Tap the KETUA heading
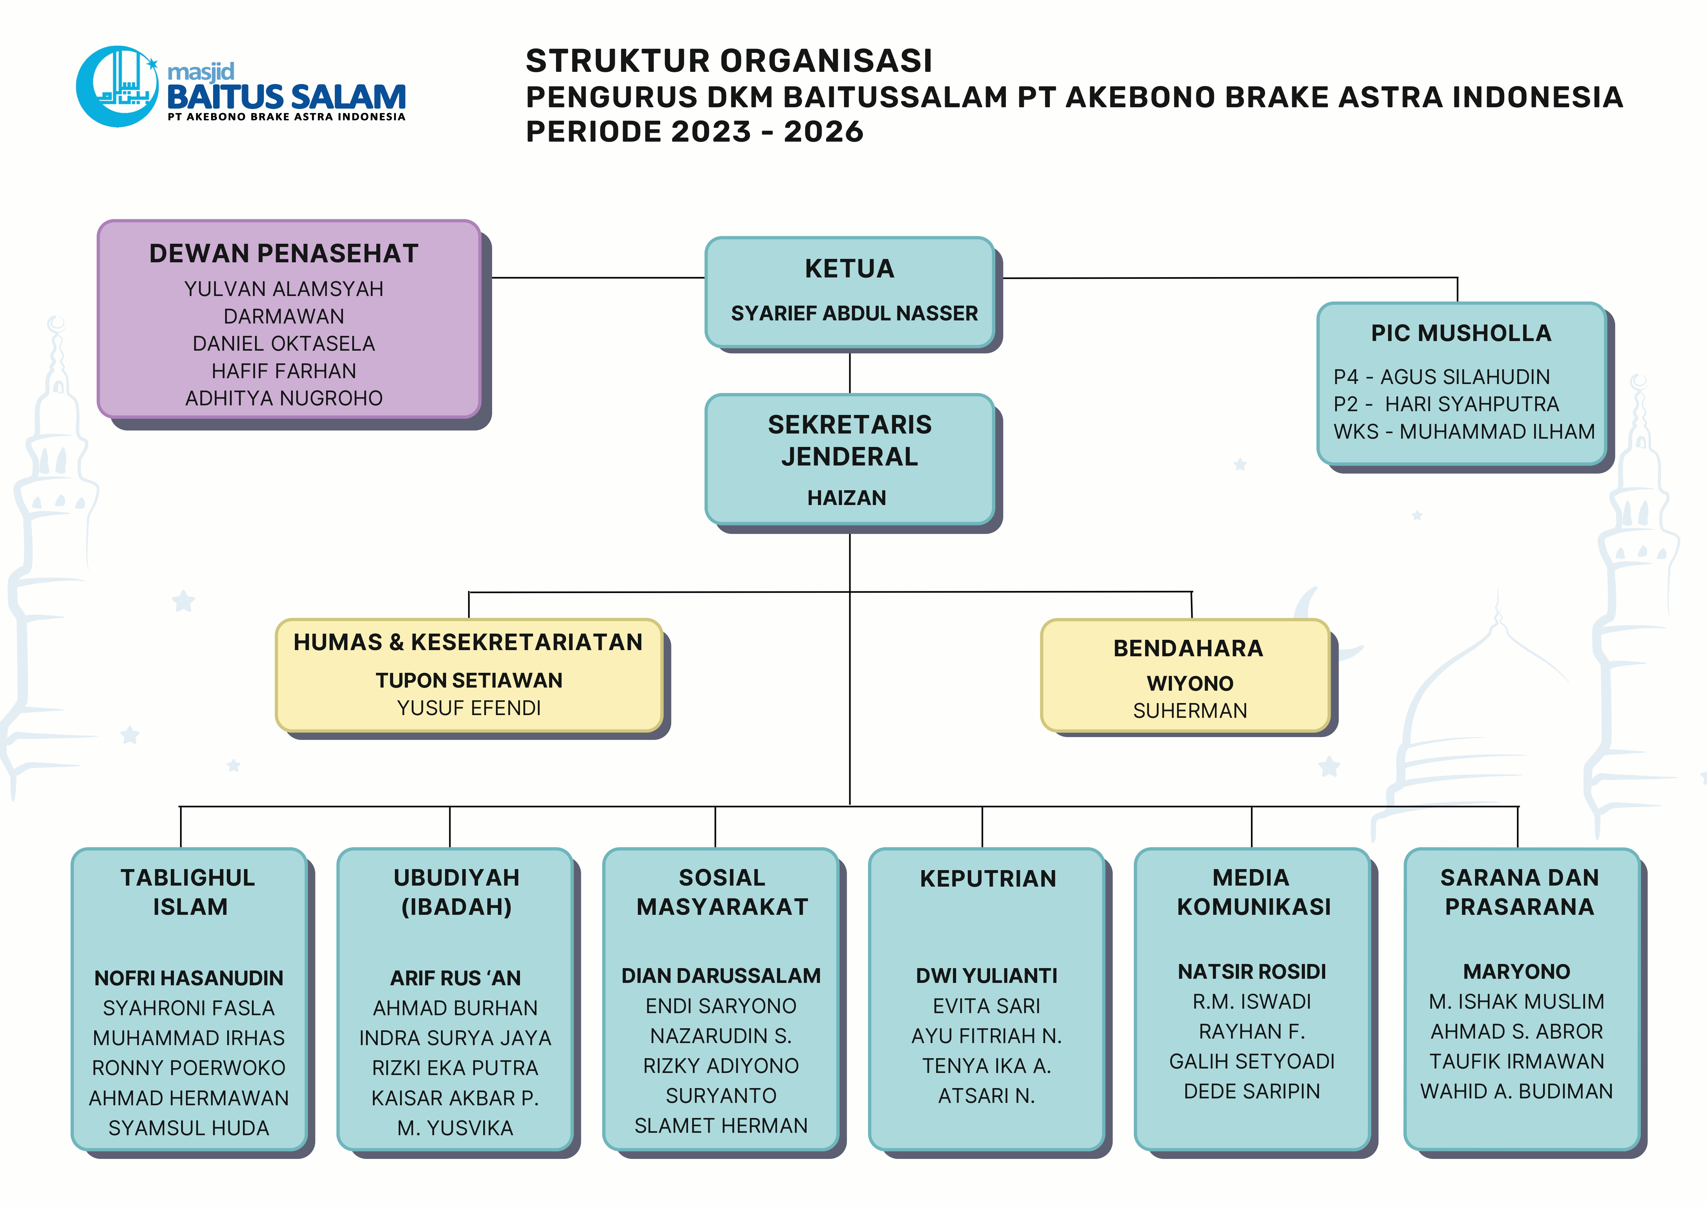point(849,268)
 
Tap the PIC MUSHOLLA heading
point(1461,333)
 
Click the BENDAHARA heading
point(1188,648)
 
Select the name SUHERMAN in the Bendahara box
point(1189,711)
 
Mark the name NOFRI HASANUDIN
point(189,978)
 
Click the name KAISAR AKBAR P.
point(455,1097)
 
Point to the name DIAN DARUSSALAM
point(720,976)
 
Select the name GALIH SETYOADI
point(1252,1061)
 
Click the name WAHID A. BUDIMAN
point(1517,1091)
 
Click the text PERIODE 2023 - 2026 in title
point(695,132)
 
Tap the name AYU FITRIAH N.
point(987,1036)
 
